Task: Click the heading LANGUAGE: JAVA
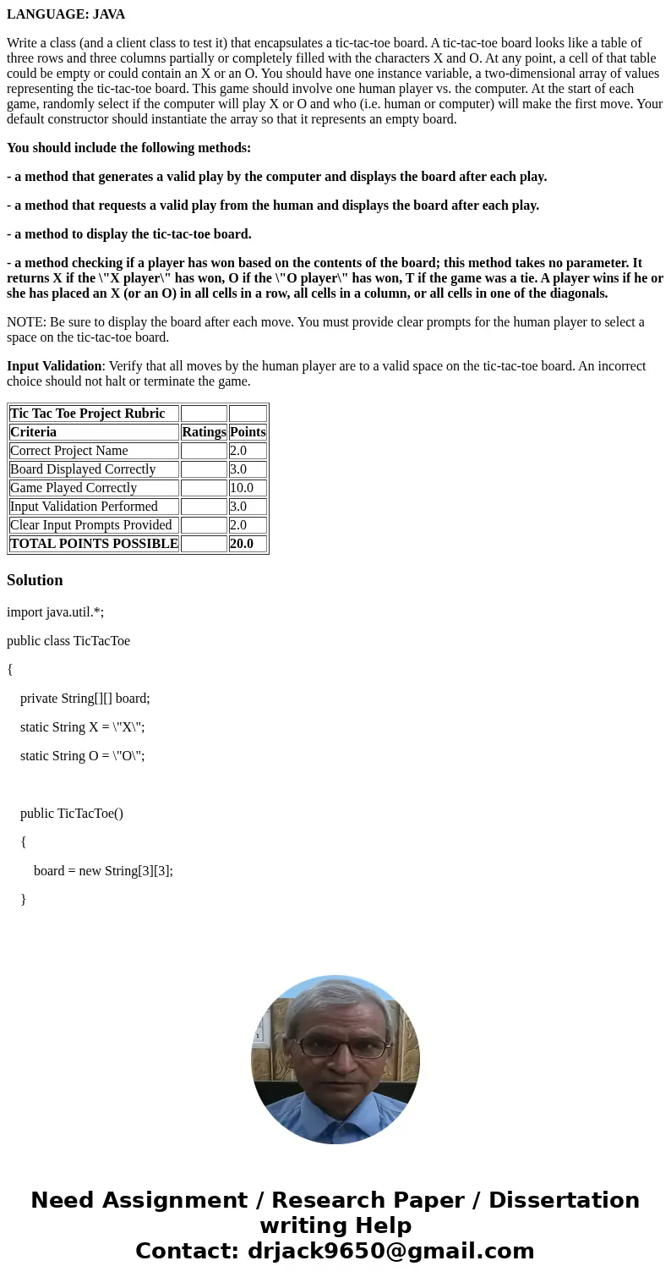(x=66, y=14)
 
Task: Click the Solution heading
(x=35, y=580)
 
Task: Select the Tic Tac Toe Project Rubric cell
(x=88, y=414)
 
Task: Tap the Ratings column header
(x=204, y=432)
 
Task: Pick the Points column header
(x=248, y=432)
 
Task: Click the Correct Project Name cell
(x=69, y=451)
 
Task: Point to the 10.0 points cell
(x=242, y=488)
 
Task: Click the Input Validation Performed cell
(x=84, y=507)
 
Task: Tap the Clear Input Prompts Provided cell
(x=91, y=525)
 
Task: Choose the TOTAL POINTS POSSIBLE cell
(x=94, y=544)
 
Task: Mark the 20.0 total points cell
(x=242, y=544)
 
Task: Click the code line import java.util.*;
(x=55, y=612)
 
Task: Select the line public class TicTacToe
(x=68, y=641)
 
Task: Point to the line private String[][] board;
(x=85, y=699)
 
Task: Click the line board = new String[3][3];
(x=103, y=871)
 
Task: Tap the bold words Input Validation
(x=54, y=366)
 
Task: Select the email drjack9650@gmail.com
(x=390, y=1252)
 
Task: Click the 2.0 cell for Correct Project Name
(x=238, y=451)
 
